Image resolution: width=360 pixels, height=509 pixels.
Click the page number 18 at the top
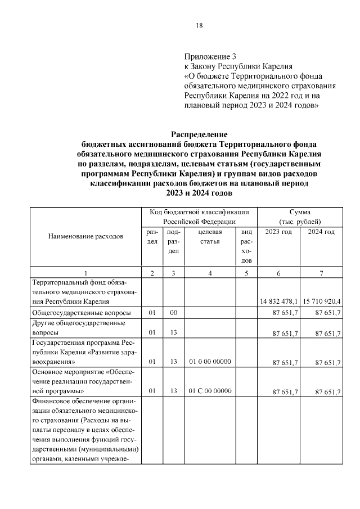(199, 26)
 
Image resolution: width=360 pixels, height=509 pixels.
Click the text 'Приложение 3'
(210, 56)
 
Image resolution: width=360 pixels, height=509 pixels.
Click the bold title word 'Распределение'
(199, 134)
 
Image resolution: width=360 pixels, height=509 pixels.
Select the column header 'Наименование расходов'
(85, 237)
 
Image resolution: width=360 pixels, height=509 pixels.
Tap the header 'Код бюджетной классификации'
(199, 212)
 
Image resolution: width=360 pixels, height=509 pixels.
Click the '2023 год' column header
(278, 232)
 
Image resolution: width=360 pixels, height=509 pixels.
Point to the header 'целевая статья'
(210, 236)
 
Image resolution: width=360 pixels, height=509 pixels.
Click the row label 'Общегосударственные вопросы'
(82, 313)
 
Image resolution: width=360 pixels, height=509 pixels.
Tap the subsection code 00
(174, 313)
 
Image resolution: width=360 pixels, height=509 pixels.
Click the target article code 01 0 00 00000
(210, 362)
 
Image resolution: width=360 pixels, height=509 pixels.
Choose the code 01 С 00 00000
(210, 390)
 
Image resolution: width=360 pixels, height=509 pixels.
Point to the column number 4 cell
(210, 273)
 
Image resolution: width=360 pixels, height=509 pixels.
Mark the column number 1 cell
(85, 273)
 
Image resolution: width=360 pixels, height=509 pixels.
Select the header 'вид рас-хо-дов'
(246, 246)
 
